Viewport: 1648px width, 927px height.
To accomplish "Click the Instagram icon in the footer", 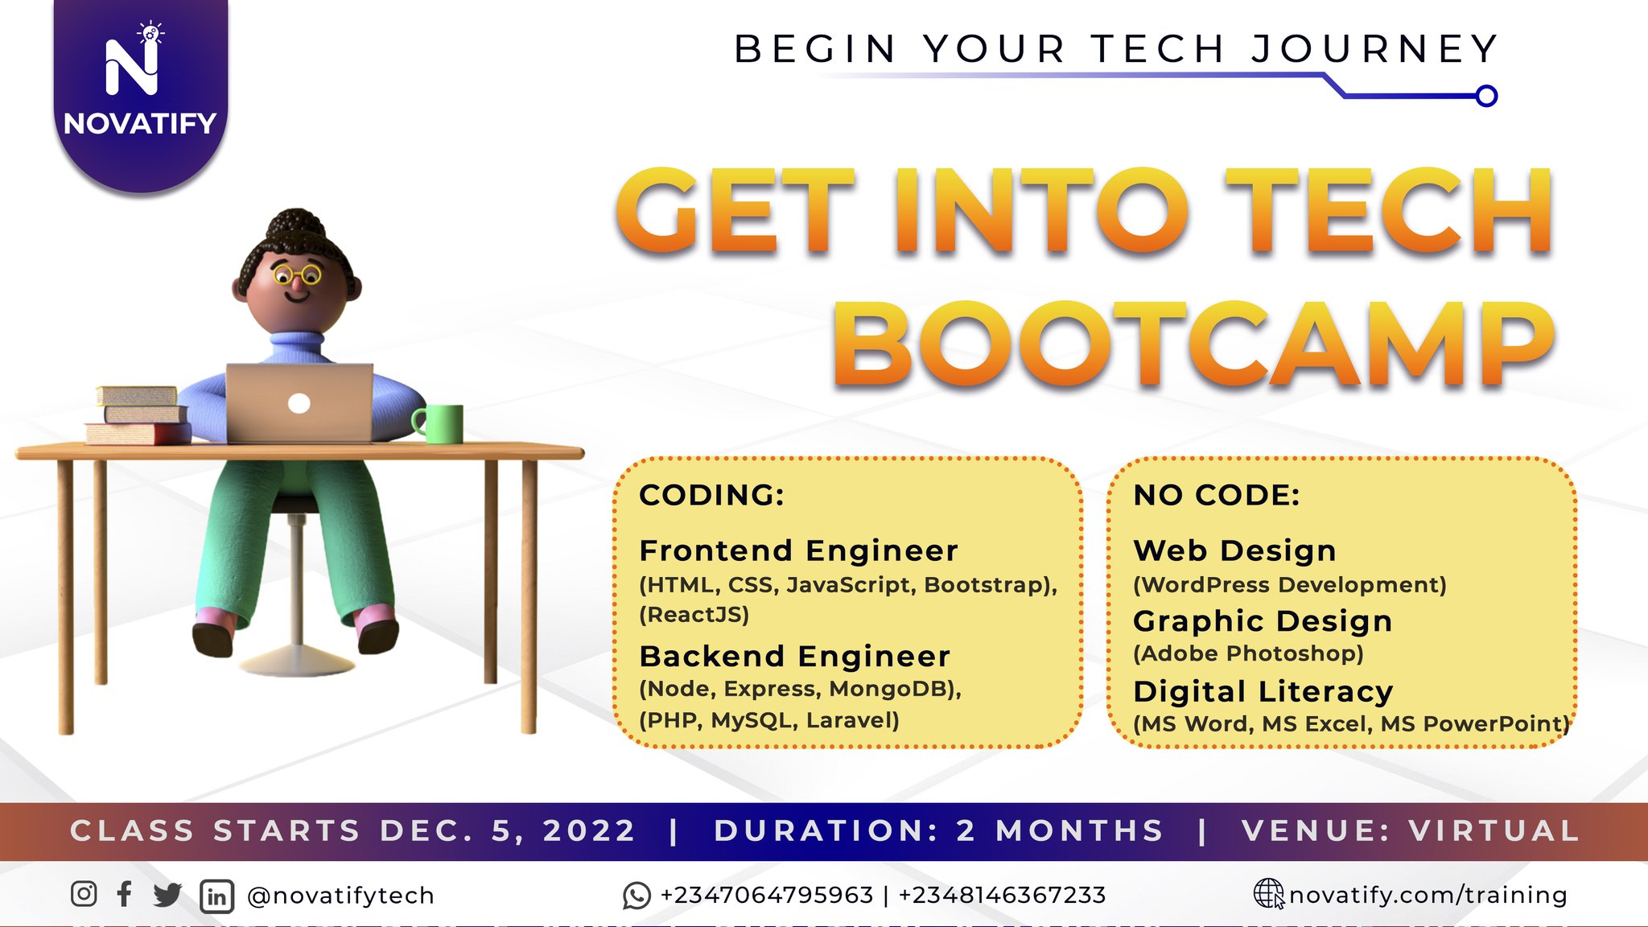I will (84, 894).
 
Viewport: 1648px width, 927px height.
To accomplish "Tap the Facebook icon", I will (125, 894).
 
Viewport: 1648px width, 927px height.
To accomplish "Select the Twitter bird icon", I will (167, 895).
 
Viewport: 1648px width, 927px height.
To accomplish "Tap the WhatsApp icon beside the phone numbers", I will (637, 896).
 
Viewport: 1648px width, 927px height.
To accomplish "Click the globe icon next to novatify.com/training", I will (1269, 894).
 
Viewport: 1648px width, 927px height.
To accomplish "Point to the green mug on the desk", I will (440, 423).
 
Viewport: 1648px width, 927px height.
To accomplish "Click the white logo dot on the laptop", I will (299, 403).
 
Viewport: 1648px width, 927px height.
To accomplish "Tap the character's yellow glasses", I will (297, 276).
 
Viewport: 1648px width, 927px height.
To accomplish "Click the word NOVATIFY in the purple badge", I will (140, 124).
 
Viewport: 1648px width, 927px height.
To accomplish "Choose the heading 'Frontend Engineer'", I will (798, 551).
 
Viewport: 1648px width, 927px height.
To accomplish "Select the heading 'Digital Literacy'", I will (1263, 692).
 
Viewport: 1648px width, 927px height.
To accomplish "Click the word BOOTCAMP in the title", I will (1193, 345).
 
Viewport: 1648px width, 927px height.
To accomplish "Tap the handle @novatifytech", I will (340, 896).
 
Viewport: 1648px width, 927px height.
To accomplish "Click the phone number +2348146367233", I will (1002, 895).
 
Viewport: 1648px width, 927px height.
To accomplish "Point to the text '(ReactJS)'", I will (694, 615).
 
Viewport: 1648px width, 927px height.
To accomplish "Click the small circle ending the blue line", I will (1486, 97).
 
